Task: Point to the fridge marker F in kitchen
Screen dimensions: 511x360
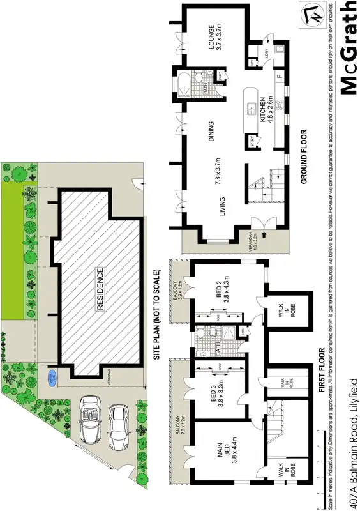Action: click(278, 78)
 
